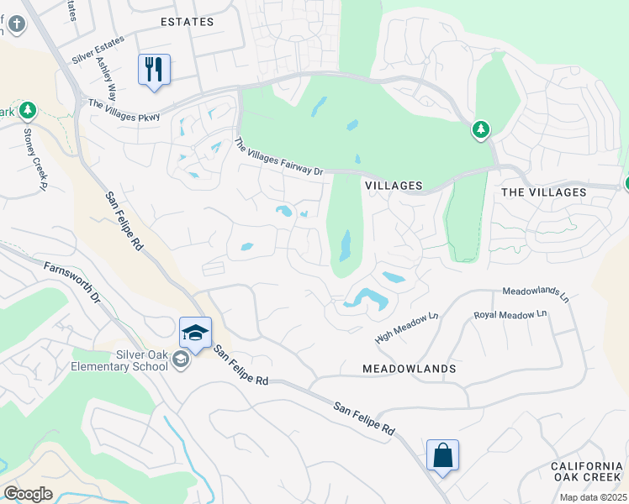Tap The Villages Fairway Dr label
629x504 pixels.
277,157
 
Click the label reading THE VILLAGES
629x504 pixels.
543,192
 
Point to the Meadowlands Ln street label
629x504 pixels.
535,294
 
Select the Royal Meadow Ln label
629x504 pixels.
510,315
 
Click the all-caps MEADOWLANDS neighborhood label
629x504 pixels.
409,369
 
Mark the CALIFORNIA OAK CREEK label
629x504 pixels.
586,472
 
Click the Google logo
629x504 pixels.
28,494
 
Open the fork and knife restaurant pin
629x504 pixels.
154,69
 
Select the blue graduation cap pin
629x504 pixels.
195,333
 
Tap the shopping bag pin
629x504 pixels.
442,456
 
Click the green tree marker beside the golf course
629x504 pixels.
481,130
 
